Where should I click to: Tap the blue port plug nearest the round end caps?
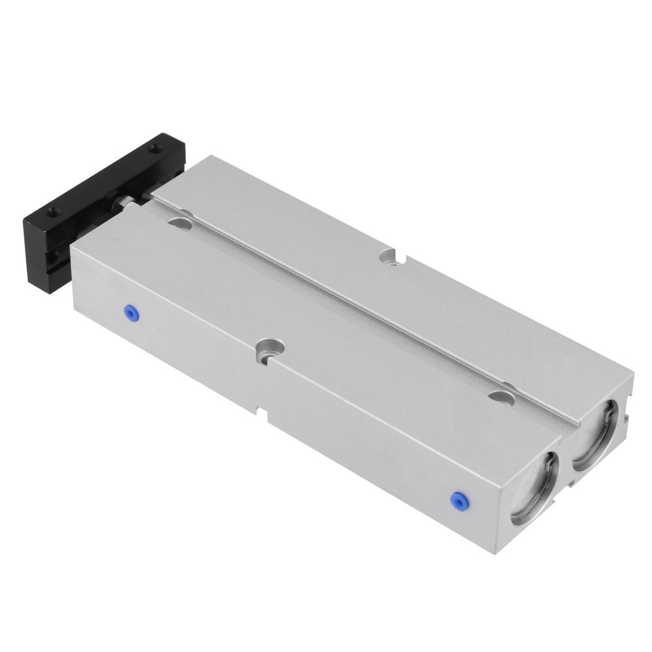tap(460, 500)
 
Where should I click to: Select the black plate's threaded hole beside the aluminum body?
tap(154, 149)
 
